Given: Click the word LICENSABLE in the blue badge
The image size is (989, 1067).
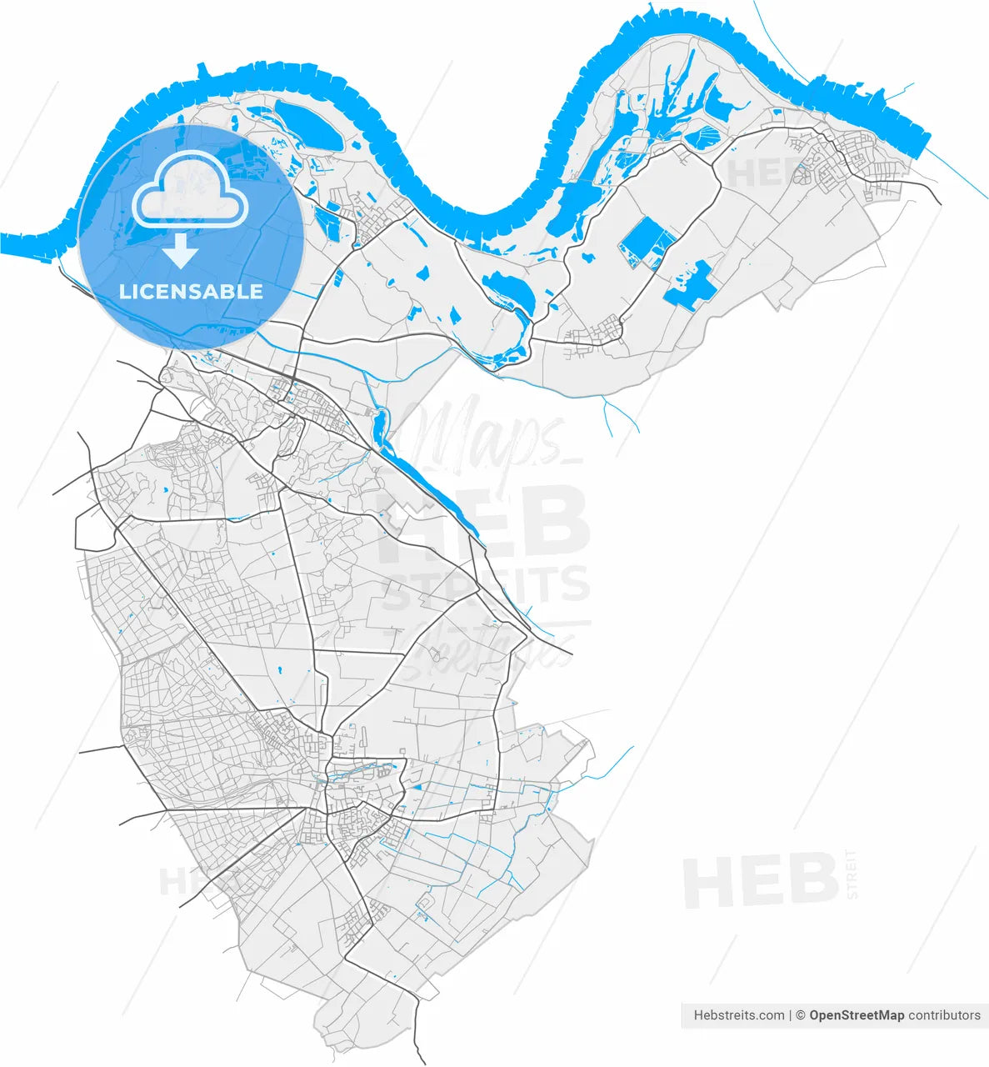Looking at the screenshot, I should point(191,292).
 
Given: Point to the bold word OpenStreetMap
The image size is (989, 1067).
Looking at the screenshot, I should point(857,1015).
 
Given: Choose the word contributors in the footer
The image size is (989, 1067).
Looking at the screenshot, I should point(944,1015).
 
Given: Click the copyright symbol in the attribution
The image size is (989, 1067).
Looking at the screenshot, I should point(800,1015).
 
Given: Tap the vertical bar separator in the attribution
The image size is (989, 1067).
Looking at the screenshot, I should point(790,1015).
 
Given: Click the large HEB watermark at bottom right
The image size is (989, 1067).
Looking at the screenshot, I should point(760,882).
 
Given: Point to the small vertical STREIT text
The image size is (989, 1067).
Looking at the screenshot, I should point(851,874).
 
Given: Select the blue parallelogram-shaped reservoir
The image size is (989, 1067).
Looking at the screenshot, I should point(647,242).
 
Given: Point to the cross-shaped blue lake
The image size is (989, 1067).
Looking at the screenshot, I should point(692,285).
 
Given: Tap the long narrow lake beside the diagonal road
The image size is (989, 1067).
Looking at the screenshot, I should point(425,475).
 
